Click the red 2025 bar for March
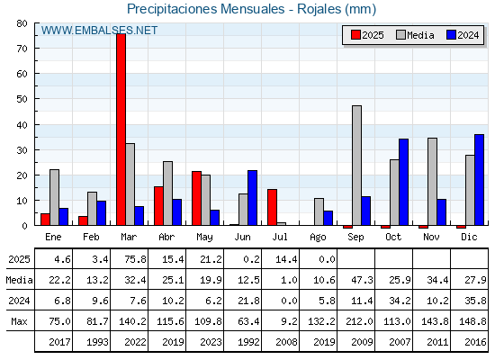121,130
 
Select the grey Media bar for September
356,166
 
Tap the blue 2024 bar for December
479,180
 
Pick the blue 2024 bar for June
252,198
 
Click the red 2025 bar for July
272,207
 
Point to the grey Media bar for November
432,182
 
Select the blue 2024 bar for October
404,182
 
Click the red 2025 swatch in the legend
355,35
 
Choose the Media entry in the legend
415,35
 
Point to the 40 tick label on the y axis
22,125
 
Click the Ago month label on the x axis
319,238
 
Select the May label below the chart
205,238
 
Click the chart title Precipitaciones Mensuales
206,9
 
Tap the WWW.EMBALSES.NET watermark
99,31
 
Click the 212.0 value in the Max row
360,321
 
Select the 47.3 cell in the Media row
362,280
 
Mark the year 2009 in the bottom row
362,342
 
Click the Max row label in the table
19,321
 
